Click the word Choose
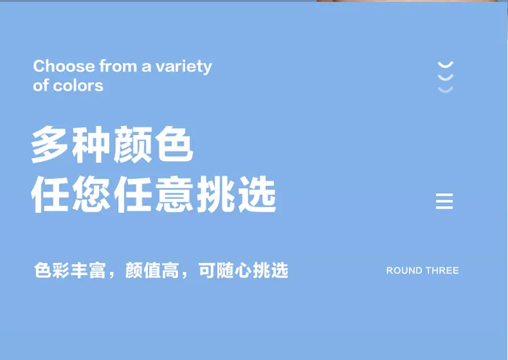pyautogui.click(x=64, y=66)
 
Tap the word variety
pyautogui.click(x=183, y=67)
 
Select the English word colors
pyautogui.click(x=78, y=86)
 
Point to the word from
pyautogui.click(x=118, y=66)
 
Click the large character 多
pyautogui.click(x=50, y=144)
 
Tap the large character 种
pyautogui.click(x=91, y=144)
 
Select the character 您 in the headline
pyautogui.click(x=91, y=195)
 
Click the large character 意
pyautogui.click(x=174, y=195)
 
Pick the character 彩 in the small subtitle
pyautogui.click(x=60, y=271)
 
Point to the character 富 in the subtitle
pyautogui.click(x=97, y=271)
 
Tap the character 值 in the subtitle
pyautogui.click(x=152, y=271)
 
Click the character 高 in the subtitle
pyautogui.click(x=170, y=271)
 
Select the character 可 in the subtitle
pyautogui.click(x=207, y=271)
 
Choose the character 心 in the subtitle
pyautogui.click(x=243, y=271)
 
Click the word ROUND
pyautogui.click(x=404, y=271)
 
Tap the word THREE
pyautogui.click(x=442, y=271)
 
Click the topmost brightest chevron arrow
pyautogui.click(x=446, y=65)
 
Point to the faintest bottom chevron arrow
pyautogui.click(x=446, y=90)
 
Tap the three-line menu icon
pyautogui.click(x=444, y=201)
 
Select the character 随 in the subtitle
pyautogui.click(x=225, y=271)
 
